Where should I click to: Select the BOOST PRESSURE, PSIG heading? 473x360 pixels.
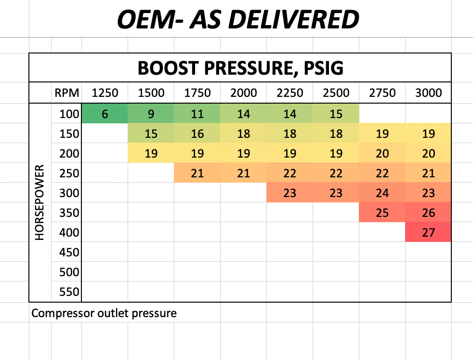(x=240, y=68)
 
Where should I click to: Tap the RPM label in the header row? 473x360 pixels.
(x=66, y=93)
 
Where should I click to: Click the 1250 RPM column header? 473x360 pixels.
(x=105, y=93)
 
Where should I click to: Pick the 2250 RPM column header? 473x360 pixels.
(x=290, y=93)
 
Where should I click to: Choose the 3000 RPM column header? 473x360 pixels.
(x=428, y=93)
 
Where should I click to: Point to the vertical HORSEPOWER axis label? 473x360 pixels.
(x=39, y=202)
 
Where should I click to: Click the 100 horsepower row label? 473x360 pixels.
(x=69, y=114)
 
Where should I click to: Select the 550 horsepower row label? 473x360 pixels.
(x=69, y=292)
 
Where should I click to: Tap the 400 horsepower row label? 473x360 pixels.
(x=69, y=233)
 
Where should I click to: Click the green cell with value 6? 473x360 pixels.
(x=105, y=114)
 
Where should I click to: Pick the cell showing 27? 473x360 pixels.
(x=428, y=233)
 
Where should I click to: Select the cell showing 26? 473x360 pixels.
(x=428, y=213)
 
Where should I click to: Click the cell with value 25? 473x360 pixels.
(x=382, y=213)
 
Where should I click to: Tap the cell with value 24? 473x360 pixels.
(x=382, y=193)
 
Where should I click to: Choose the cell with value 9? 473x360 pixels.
(x=151, y=114)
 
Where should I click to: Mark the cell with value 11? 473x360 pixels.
(x=197, y=114)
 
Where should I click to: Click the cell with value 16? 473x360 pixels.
(x=197, y=134)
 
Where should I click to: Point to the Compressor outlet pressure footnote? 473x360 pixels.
(x=104, y=314)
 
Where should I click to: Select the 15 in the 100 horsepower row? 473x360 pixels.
(x=336, y=114)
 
